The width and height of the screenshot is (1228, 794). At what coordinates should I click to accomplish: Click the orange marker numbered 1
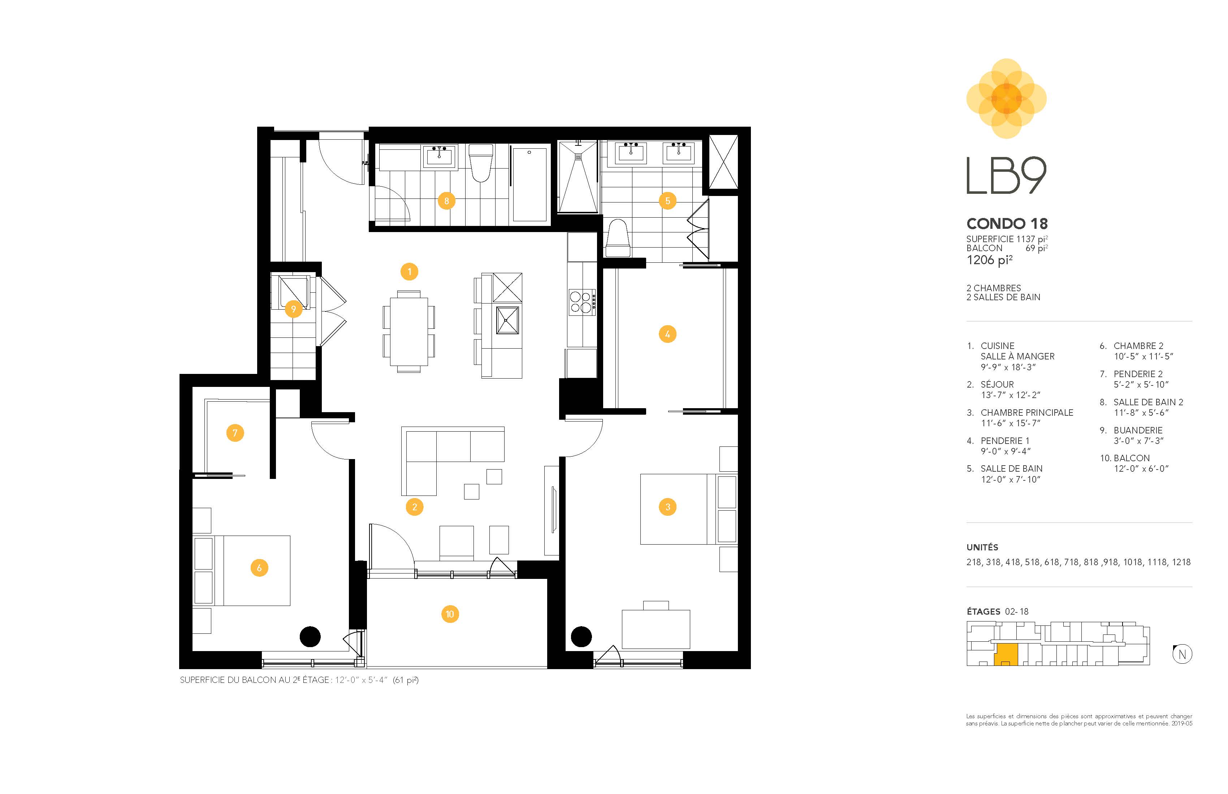pos(409,272)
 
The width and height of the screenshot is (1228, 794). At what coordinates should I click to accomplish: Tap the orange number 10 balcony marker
pos(450,614)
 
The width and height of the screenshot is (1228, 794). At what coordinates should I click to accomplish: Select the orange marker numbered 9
pos(294,309)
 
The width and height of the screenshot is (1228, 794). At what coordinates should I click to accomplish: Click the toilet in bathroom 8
pos(481,163)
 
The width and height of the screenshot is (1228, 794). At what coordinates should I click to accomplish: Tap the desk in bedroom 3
pos(656,629)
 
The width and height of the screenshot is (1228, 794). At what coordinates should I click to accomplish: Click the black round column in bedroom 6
pos(310,636)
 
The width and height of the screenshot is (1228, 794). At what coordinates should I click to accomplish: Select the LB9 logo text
pos(1006,176)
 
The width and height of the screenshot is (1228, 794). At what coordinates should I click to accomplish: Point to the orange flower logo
pos(1006,99)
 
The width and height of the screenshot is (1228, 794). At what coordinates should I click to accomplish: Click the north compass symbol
pos(1182,654)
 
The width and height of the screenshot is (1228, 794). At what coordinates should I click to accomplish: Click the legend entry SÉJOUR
pos(997,385)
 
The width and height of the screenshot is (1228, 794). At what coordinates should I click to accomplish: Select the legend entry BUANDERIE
pos(1138,430)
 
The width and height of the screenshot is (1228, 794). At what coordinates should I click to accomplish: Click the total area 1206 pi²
pos(990,260)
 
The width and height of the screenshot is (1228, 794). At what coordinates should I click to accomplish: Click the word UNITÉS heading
pos(982,547)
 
